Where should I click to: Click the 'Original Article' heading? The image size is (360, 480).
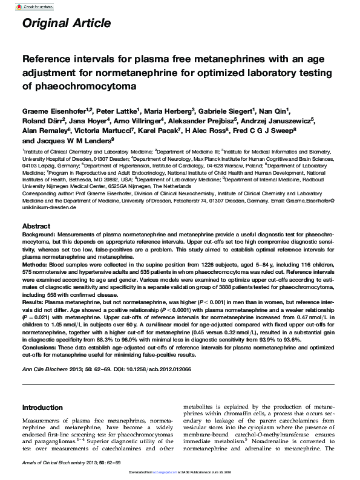tap(66, 24)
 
